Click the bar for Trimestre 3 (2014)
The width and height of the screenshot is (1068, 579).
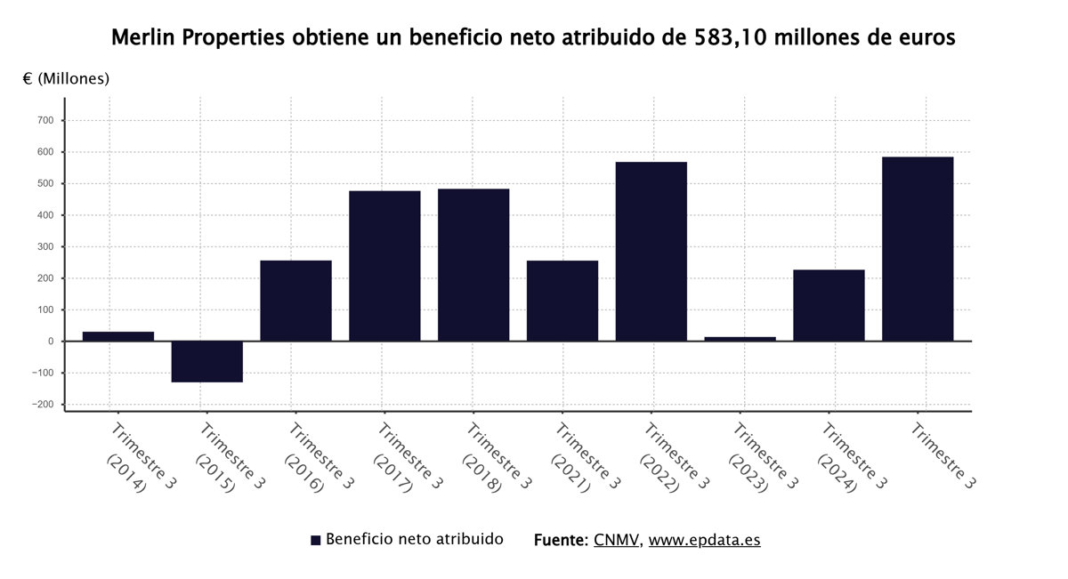pyautogui.click(x=117, y=336)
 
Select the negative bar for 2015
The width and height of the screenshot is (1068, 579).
pyautogui.click(x=206, y=361)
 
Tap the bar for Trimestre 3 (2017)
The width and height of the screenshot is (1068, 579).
pyautogui.click(x=384, y=266)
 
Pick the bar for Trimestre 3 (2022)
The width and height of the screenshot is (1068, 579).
pyautogui.click(x=651, y=252)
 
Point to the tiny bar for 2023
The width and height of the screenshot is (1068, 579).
pyautogui.click(x=740, y=339)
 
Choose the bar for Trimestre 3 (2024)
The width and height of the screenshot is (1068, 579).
pyautogui.click(x=829, y=305)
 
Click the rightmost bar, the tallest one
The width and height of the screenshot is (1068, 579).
pyautogui.click(x=918, y=249)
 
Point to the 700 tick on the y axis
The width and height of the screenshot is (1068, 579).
pyautogui.click(x=45, y=120)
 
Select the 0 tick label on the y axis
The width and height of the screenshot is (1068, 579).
pyautogui.click(x=52, y=342)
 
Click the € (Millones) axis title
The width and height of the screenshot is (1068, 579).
pyautogui.click(x=66, y=78)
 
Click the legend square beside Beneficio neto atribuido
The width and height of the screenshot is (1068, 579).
pyautogui.click(x=315, y=540)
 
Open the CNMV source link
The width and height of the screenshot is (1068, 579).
pyautogui.click(x=616, y=540)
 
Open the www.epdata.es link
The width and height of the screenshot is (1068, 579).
pyautogui.click(x=704, y=540)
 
